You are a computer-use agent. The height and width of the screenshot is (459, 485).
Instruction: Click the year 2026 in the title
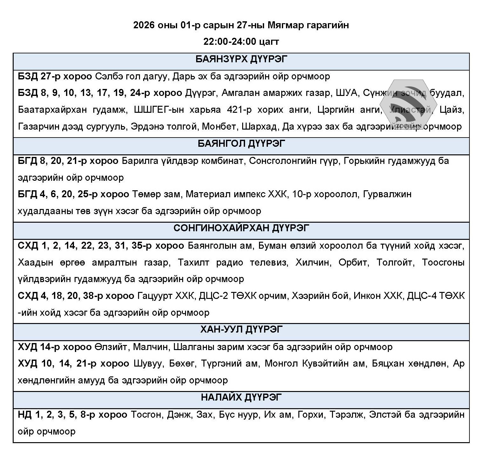(x=144, y=25)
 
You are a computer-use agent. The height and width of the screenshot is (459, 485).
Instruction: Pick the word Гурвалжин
(x=387, y=194)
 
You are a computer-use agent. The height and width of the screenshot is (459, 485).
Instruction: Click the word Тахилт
(x=194, y=263)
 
